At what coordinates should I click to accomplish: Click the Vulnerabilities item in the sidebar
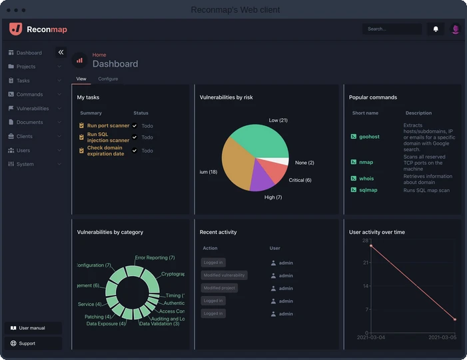coord(32,108)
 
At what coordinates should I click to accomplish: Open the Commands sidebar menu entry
coord(29,94)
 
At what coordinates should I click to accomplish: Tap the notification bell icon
coord(436,29)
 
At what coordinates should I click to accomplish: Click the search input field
coord(392,29)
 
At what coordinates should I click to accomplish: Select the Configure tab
coord(108,79)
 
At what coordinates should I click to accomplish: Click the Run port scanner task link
coord(108,125)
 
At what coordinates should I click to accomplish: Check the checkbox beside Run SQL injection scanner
coord(135,137)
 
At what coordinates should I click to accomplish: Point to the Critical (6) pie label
coord(300,180)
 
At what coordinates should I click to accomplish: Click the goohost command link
coord(369,137)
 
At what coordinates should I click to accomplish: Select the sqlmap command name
coord(368,190)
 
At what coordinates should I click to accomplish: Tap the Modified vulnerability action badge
coord(224,275)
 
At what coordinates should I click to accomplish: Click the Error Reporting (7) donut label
coord(155,257)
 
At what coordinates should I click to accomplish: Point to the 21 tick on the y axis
coord(366,263)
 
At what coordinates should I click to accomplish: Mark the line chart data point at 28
coord(371,246)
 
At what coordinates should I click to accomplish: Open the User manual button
coord(33,328)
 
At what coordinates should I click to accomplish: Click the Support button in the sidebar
coord(27,343)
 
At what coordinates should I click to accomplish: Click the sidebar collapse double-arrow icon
coord(61,52)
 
